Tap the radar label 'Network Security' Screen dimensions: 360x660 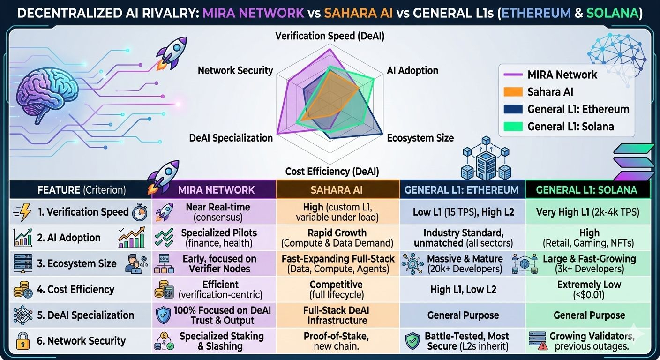235,71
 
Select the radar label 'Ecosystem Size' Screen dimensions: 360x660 420,138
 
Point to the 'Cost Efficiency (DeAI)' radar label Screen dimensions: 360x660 332,171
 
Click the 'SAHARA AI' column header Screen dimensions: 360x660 337,190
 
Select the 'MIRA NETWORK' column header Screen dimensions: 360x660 217,190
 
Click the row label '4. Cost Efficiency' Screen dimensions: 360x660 75,289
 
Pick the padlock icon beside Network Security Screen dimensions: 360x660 22,340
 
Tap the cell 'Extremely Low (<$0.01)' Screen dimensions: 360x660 589,289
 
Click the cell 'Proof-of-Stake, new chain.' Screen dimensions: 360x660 337,341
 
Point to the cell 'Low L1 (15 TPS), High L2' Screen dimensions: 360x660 463,212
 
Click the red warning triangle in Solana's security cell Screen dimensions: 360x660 543,346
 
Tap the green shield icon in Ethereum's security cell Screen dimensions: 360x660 412,341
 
